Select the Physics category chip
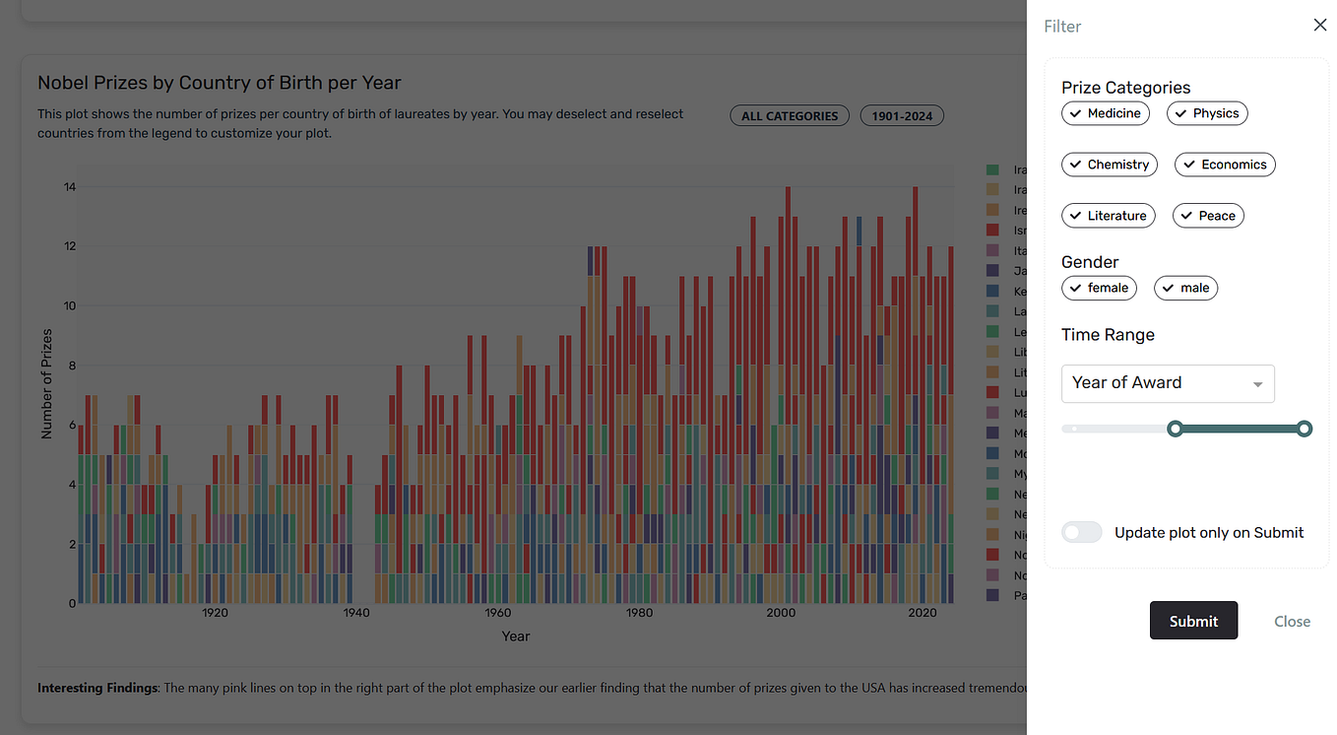tap(1207, 113)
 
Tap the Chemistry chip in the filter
tap(1109, 165)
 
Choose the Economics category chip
tap(1225, 165)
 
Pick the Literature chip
tap(1108, 216)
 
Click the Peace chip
tap(1208, 216)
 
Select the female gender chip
tap(1099, 288)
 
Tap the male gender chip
tap(1185, 288)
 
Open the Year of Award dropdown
tap(1168, 383)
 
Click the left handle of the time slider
tap(1175, 429)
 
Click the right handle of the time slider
tap(1305, 429)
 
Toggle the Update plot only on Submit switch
tap(1081, 532)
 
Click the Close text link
tap(1292, 622)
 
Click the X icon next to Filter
tap(1320, 26)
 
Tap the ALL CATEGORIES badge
tap(790, 116)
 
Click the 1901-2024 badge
tap(902, 116)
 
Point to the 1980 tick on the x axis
tap(639, 613)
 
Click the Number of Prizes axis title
tap(46, 384)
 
